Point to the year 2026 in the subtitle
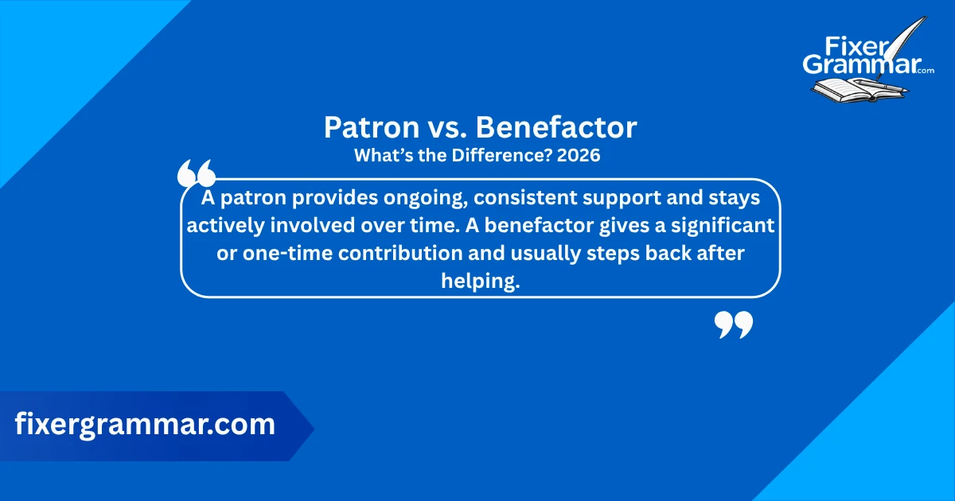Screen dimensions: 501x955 [x=579, y=156]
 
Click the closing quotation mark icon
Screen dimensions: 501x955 [x=733, y=324]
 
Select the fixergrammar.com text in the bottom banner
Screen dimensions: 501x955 [x=145, y=425]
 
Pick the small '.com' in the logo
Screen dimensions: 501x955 [x=925, y=72]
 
